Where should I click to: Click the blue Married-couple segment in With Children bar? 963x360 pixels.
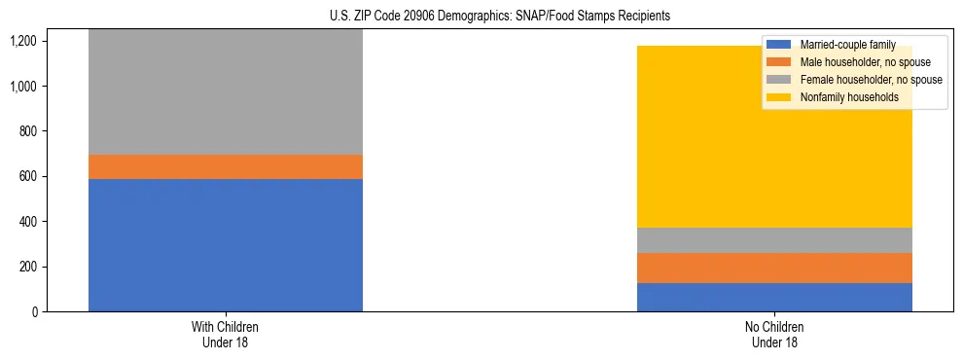(x=225, y=245)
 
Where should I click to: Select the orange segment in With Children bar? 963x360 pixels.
(x=225, y=166)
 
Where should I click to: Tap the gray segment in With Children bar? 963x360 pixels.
(x=225, y=91)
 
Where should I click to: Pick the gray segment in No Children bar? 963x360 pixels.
(x=774, y=239)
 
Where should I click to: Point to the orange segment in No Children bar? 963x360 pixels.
(x=774, y=268)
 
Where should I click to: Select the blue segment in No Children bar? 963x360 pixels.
(x=774, y=297)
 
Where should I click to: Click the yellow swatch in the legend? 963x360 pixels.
(x=779, y=97)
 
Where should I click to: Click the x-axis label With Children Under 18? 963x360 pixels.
(x=225, y=335)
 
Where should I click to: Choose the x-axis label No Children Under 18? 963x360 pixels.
(x=774, y=335)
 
